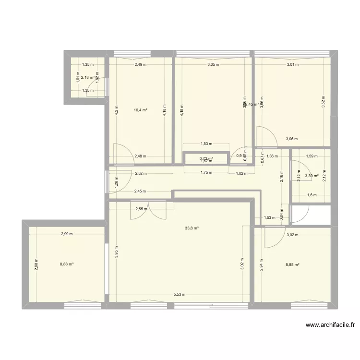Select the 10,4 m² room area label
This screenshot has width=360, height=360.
click(x=141, y=110)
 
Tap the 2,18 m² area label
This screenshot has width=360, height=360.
click(x=88, y=77)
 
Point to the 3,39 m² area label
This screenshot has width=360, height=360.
click(x=312, y=176)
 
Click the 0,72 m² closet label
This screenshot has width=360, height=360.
click(x=206, y=158)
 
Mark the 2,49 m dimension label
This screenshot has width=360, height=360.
click(x=141, y=64)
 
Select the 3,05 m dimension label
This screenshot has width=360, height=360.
click(x=213, y=64)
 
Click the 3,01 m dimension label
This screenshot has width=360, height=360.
click(x=293, y=64)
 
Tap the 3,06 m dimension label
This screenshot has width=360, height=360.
click(x=292, y=139)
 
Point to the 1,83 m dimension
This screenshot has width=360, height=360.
click(x=206, y=144)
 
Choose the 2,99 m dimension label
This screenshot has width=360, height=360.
click(x=67, y=234)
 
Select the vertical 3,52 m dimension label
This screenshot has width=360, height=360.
click(x=323, y=102)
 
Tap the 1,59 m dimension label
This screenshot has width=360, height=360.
click(x=312, y=156)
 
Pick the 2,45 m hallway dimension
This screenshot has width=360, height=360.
click(x=140, y=191)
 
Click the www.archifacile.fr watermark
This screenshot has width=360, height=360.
click(x=330, y=325)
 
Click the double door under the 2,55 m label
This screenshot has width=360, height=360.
click(x=149, y=210)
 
